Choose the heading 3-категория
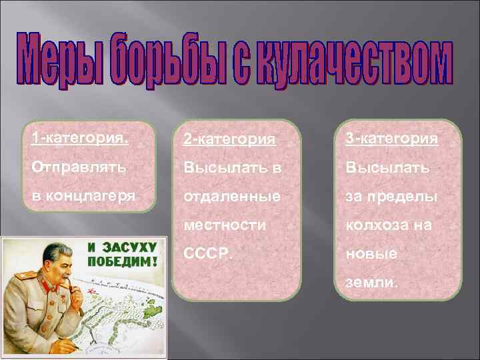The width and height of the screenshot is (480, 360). tap(391, 139)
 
